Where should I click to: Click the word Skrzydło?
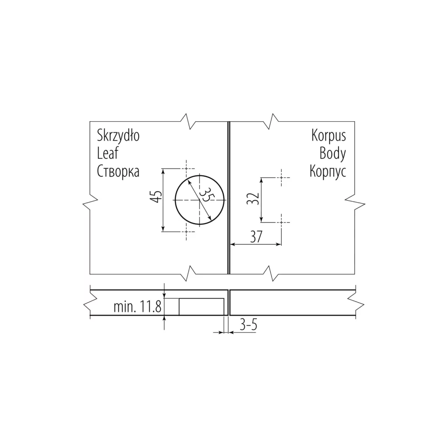[x=118, y=136]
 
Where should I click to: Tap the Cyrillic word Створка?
[x=118, y=171]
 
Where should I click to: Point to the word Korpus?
[x=329, y=136]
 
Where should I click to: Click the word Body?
[x=332, y=154]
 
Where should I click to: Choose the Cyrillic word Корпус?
[x=328, y=171]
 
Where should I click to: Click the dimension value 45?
[x=156, y=196]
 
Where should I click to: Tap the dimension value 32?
[x=253, y=199]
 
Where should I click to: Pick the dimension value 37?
[x=256, y=237]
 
